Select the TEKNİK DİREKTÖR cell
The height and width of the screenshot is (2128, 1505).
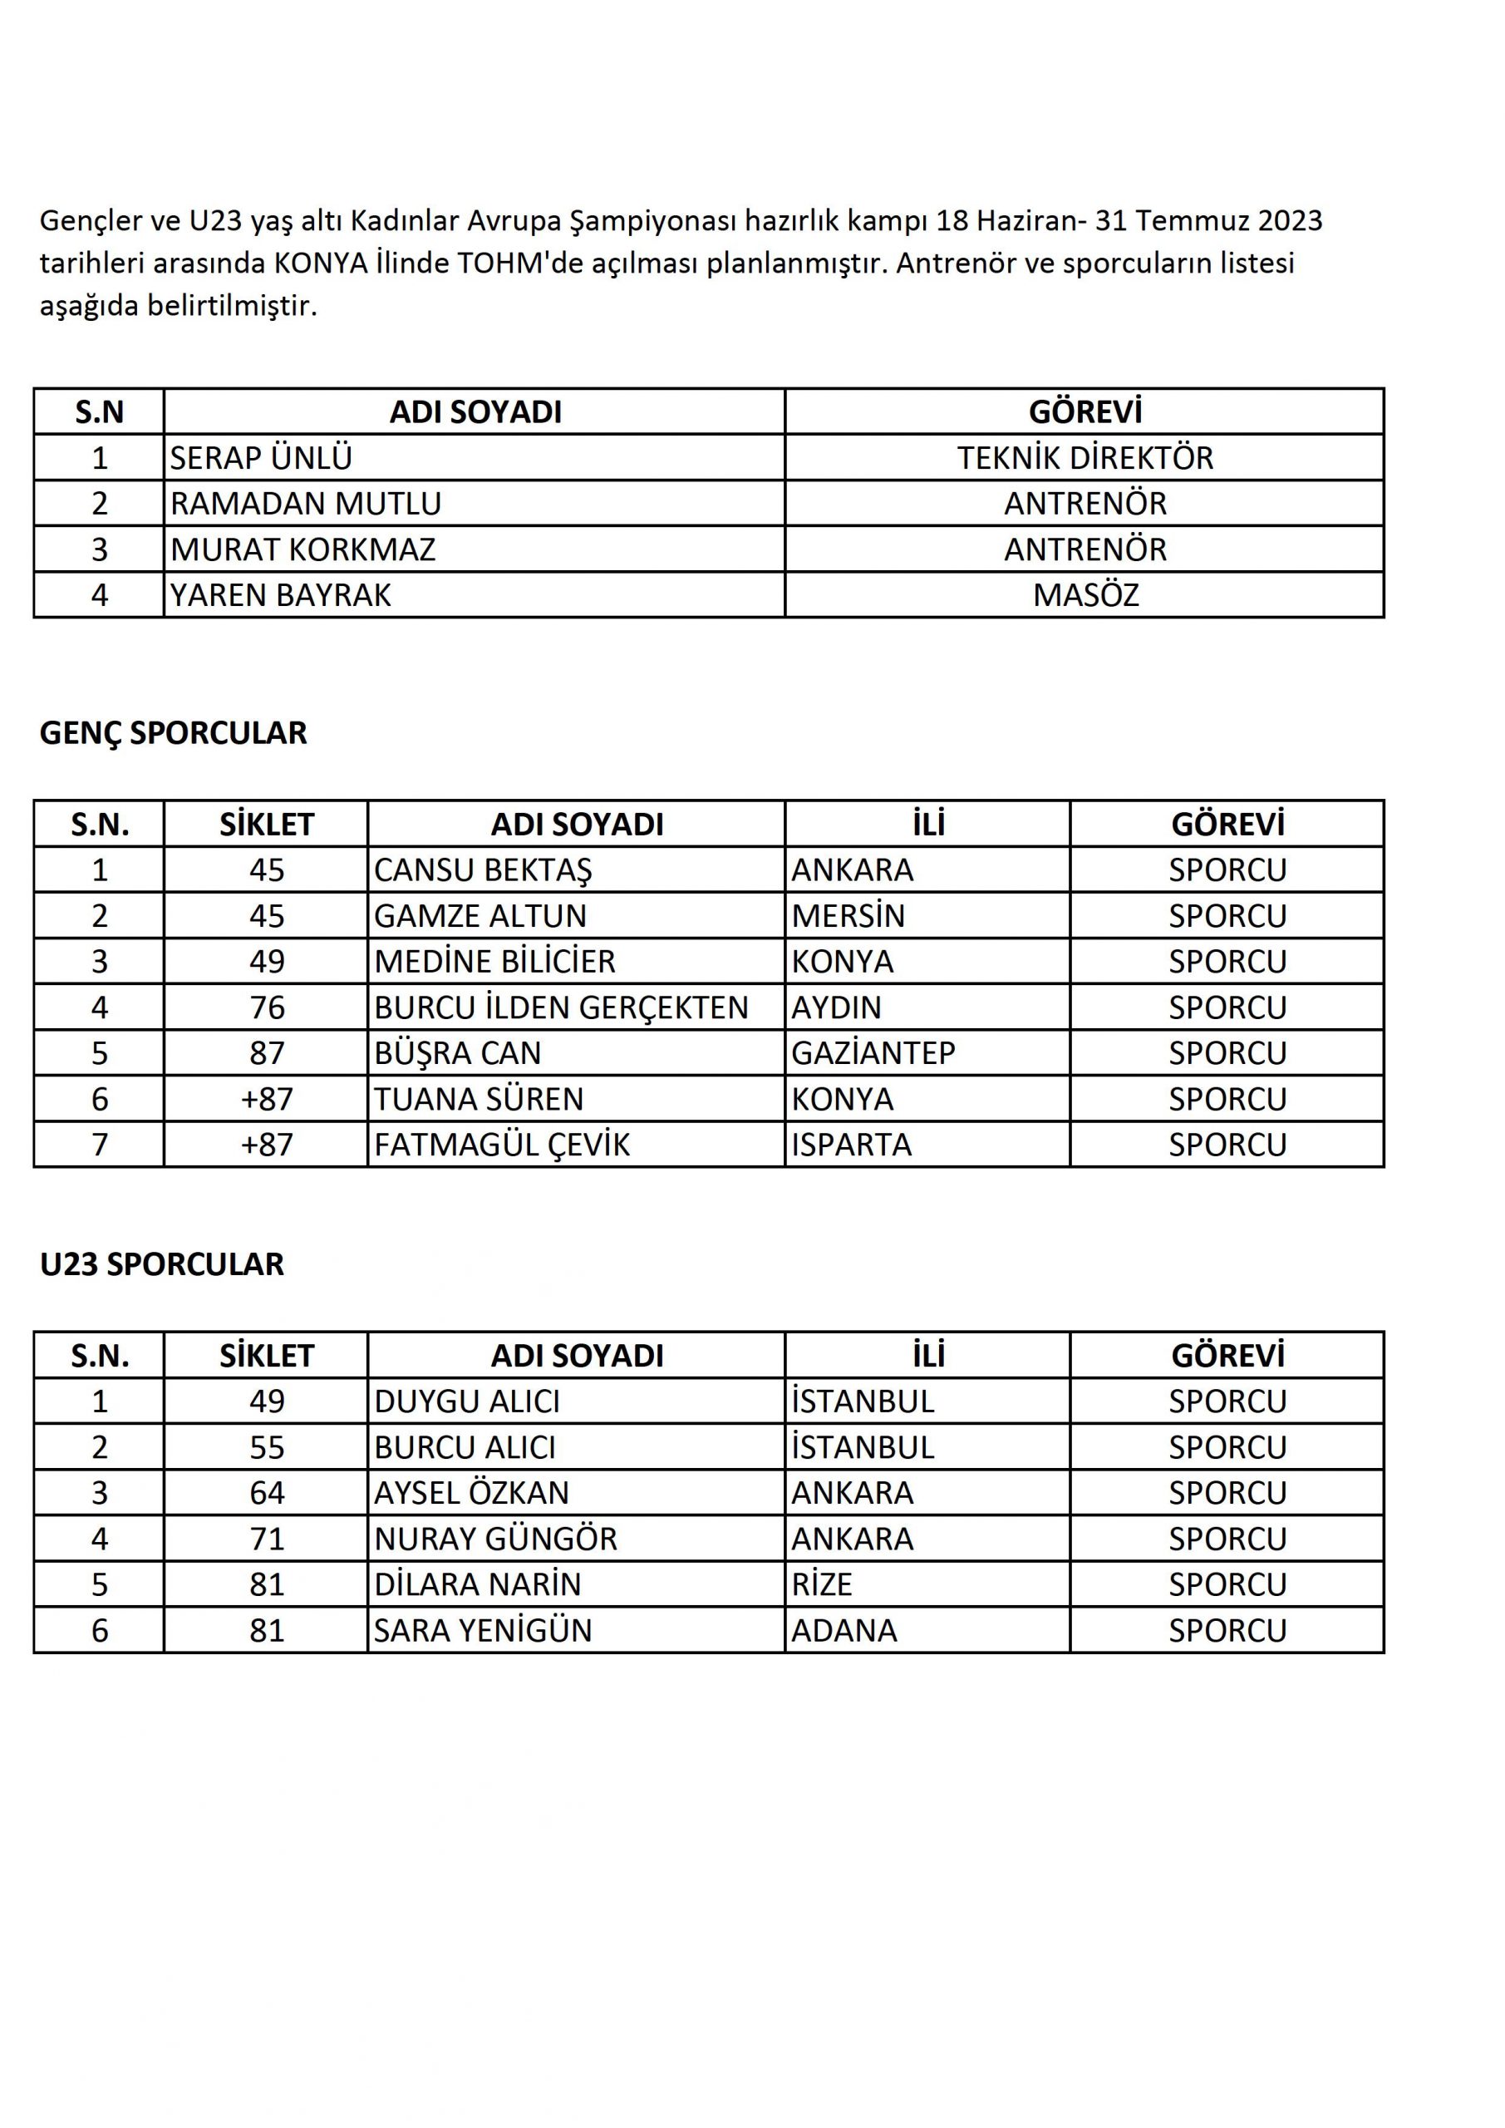click(x=1084, y=458)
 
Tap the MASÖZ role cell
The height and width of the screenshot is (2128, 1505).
click(x=1085, y=595)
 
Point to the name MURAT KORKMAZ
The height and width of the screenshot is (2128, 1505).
click(x=303, y=549)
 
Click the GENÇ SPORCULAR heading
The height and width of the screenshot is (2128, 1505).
click(x=174, y=733)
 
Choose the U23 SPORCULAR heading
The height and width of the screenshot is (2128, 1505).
click(x=162, y=1264)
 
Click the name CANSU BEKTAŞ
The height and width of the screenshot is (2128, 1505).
click(x=483, y=870)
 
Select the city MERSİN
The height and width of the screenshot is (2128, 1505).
click(x=848, y=916)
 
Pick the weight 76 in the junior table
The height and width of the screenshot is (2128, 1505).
click(x=267, y=1007)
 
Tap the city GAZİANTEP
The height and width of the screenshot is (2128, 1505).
click(x=873, y=1053)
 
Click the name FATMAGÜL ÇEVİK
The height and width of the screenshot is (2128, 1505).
click(x=501, y=1145)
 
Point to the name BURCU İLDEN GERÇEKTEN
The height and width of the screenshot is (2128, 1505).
click(x=561, y=1007)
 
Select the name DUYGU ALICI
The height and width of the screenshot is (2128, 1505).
click(x=467, y=1401)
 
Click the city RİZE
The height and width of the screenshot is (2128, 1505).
click(x=821, y=1584)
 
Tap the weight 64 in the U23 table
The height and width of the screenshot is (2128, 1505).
click(x=267, y=1493)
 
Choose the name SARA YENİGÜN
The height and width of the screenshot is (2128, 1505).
click(x=483, y=1630)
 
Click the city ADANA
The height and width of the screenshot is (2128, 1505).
click(x=844, y=1630)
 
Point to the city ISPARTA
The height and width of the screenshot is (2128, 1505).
click(x=852, y=1145)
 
